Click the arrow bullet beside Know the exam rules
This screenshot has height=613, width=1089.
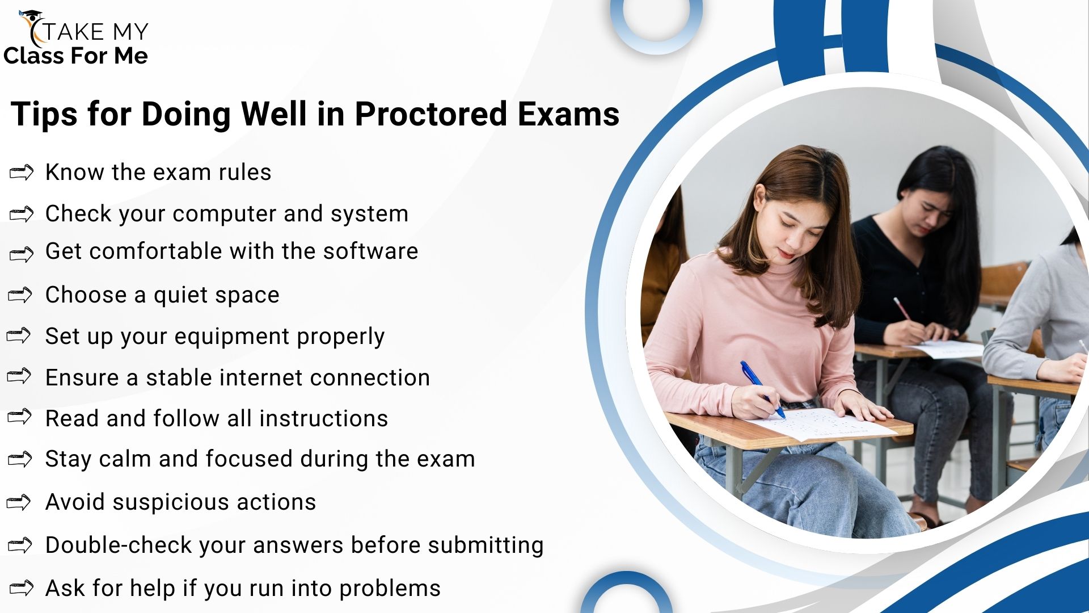point(22,172)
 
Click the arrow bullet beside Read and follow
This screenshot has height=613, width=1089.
point(19,417)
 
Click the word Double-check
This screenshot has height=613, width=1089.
point(119,545)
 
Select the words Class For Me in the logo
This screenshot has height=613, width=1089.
point(75,56)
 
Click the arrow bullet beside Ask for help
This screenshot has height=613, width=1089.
point(22,588)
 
